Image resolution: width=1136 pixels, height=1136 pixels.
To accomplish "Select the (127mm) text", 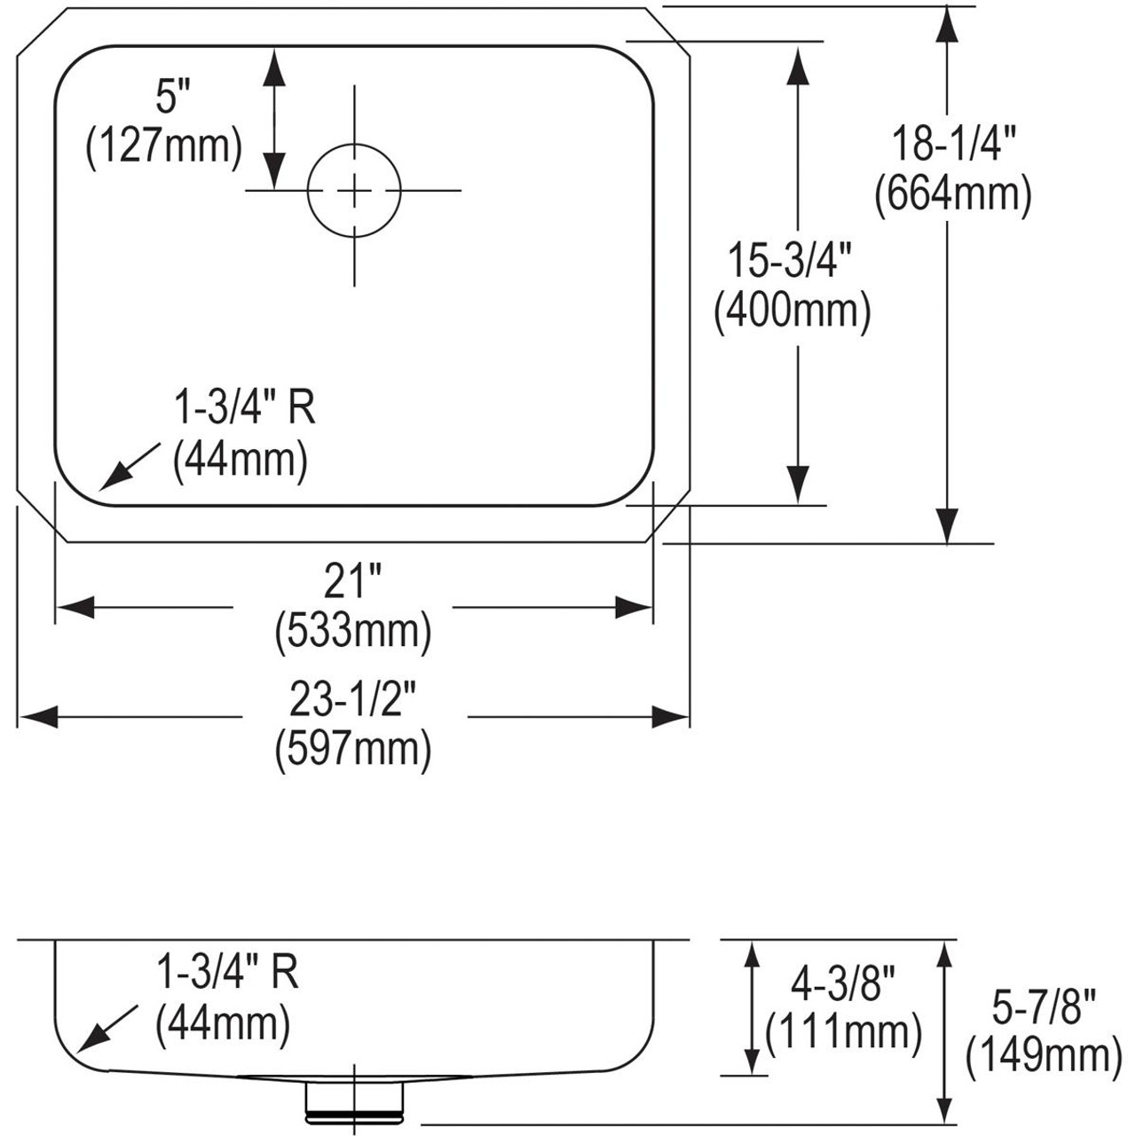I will (163, 146).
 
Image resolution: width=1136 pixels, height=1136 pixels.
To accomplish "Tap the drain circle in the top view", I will (354, 190).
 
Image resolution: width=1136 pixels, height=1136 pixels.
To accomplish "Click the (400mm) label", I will (793, 312).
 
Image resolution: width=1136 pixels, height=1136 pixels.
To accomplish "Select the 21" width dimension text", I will (352, 583).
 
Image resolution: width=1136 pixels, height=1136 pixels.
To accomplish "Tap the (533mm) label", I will (352, 632).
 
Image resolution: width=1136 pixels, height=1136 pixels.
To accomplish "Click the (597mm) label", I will (353, 750).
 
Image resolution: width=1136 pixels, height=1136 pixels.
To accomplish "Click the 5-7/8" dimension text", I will (1043, 1007).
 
